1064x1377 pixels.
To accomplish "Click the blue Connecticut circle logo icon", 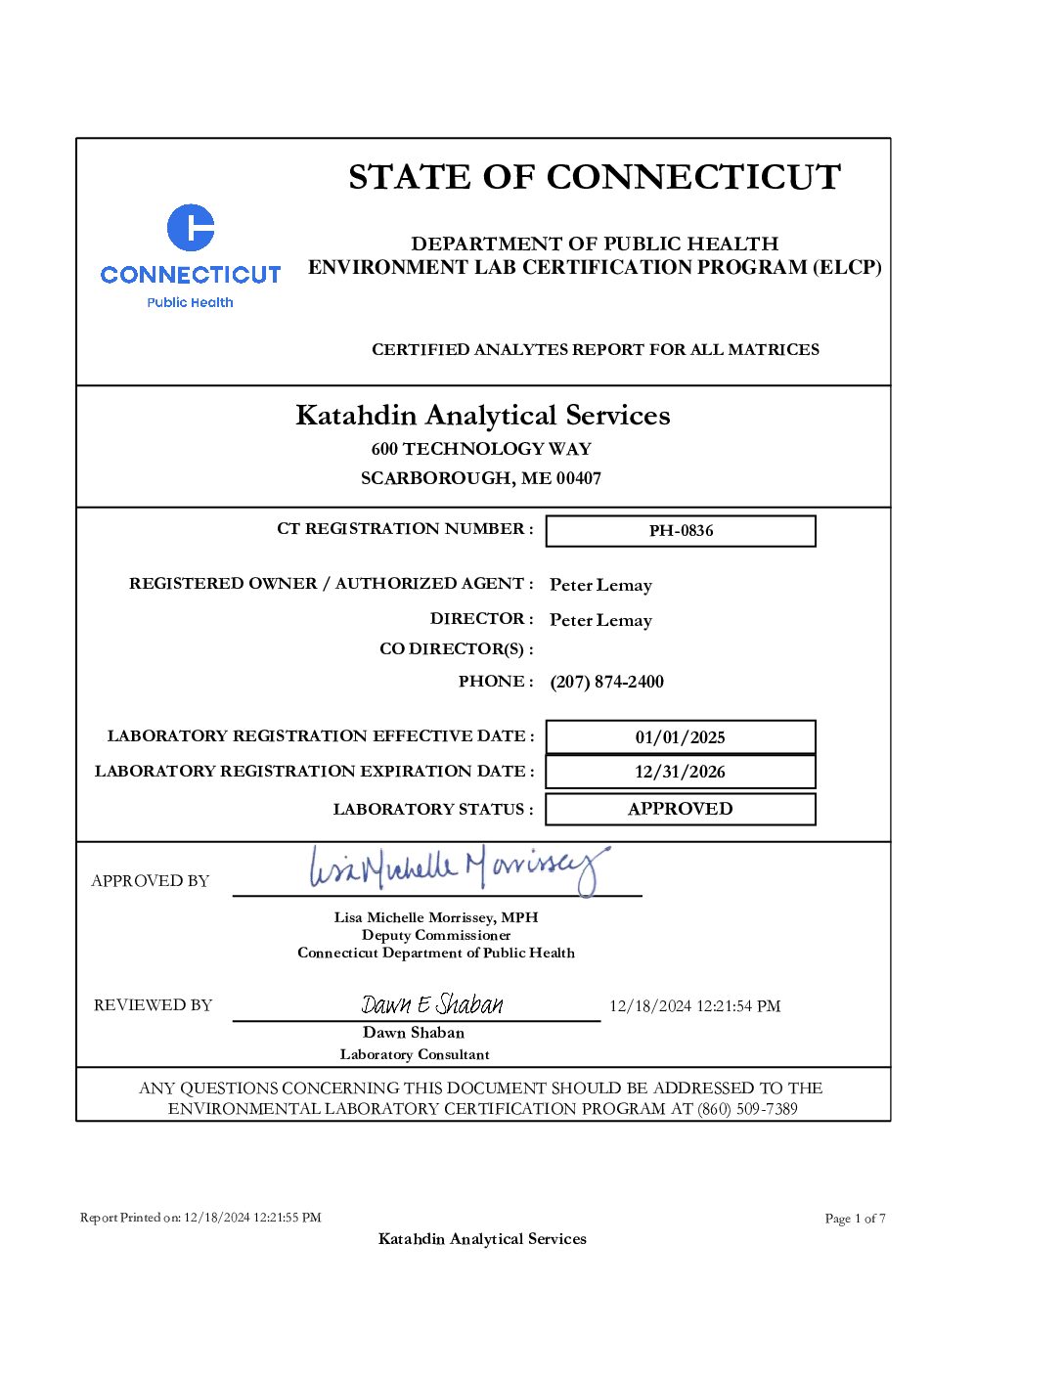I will pyautogui.click(x=191, y=228).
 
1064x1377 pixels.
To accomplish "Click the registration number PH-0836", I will pyautogui.click(x=681, y=531).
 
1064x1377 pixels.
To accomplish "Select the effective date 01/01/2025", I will pyautogui.click(x=681, y=737).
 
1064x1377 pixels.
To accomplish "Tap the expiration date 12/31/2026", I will pyautogui.click(x=681, y=772).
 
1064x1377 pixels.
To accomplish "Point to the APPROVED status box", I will pyautogui.click(x=681, y=809).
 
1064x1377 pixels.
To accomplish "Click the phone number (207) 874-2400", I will pyautogui.click(x=606, y=682).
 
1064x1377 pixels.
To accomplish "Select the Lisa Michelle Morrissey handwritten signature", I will pyautogui.click(x=458, y=867).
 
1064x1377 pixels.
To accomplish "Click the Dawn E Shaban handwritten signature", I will pyautogui.click(x=432, y=1004).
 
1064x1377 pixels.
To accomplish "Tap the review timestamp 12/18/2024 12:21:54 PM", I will pyautogui.click(x=694, y=1006).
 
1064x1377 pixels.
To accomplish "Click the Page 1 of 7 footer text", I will pyautogui.click(x=855, y=1219).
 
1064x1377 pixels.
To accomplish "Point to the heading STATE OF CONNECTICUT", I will pyautogui.click(x=595, y=177).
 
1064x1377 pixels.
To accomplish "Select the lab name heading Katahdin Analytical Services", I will pyautogui.click(x=483, y=416).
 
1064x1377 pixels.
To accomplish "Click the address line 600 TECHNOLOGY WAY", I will pyautogui.click(x=481, y=449).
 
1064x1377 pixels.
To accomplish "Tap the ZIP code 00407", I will pyautogui.click(x=579, y=478).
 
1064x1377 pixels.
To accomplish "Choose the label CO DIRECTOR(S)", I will pyautogui.click(x=456, y=649).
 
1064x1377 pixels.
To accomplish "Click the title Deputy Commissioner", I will pyautogui.click(x=436, y=935).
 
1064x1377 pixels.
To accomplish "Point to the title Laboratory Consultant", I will pyautogui.click(x=415, y=1054).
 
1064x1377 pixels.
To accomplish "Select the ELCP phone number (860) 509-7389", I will pyautogui.click(x=747, y=1109).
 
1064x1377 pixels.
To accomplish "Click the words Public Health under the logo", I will pyautogui.click(x=191, y=302).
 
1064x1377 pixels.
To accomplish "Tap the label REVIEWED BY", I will pyautogui.click(x=153, y=1005).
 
